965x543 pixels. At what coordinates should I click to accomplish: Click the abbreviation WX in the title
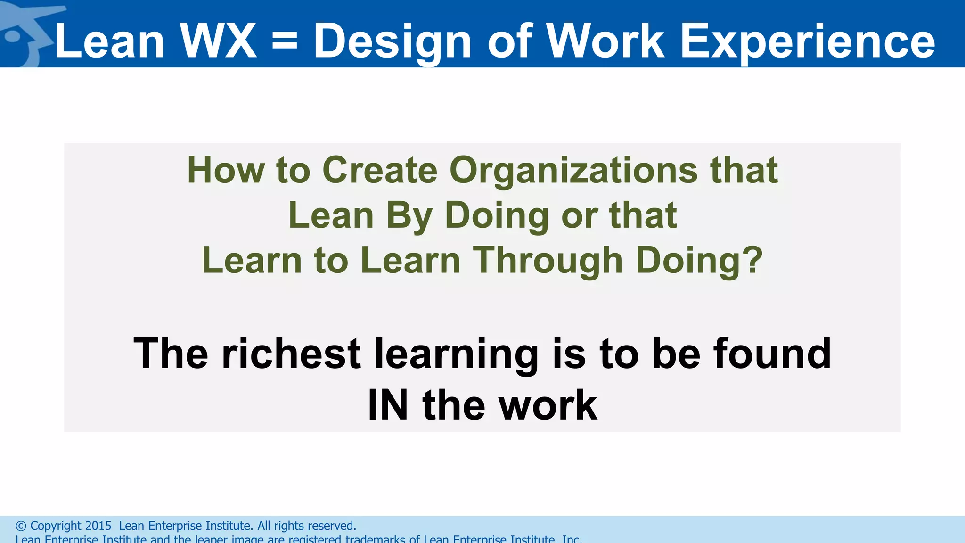click(218, 41)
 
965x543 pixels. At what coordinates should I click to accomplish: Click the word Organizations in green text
click(573, 171)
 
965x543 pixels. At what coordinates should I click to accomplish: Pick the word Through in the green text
click(548, 261)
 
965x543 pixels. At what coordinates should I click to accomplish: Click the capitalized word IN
click(387, 405)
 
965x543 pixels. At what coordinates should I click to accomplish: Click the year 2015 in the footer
click(98, 526)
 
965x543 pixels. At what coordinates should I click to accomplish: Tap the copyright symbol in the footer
click(21, 526)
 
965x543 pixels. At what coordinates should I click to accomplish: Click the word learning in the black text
click(456, 354)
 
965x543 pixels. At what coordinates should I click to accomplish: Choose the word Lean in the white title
click(109, 41)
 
